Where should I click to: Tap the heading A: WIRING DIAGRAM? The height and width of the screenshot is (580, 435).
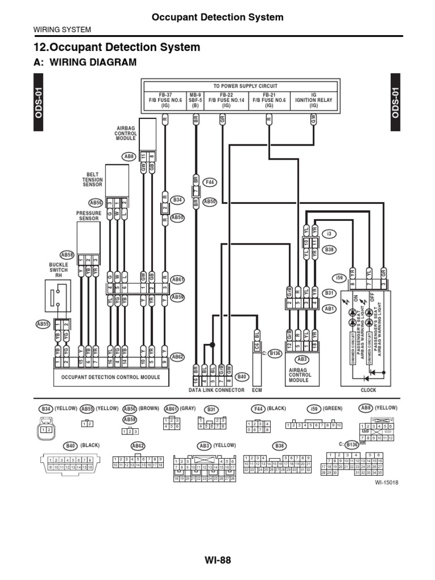click(86, 62)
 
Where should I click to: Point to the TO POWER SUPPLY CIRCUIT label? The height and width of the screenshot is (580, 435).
click(245, 86)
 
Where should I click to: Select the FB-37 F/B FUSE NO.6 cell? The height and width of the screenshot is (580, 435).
click(160, 100)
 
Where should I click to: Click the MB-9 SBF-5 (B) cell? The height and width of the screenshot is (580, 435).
click(195, 100)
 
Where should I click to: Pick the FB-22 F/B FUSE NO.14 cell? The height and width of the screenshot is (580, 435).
click(227, 100)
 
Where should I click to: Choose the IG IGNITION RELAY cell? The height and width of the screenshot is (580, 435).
click(314, 100)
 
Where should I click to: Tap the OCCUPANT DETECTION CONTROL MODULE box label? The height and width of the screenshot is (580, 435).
click(106, 377)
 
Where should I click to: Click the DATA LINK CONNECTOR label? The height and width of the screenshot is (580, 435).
click(216, 390)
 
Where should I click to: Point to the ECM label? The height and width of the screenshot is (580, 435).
click(258, 390)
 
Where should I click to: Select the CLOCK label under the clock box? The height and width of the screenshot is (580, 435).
click(368, 390)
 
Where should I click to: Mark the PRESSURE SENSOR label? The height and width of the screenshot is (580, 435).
click(89, 216)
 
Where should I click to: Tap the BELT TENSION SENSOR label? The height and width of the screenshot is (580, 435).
click(93, 180)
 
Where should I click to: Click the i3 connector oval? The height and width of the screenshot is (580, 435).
click(329, 233)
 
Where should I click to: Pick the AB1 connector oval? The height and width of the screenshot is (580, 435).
click(329, 309)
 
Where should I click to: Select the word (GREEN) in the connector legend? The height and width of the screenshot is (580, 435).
click(333, 408)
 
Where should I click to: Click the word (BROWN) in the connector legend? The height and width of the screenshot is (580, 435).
click(150, 408)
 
